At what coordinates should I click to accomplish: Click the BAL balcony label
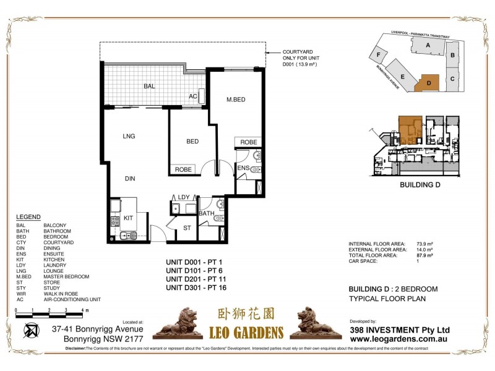[149, 87]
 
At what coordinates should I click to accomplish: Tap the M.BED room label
[237, 100]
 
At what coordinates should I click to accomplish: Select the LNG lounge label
[129, 136]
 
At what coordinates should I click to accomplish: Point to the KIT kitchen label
[128, 218]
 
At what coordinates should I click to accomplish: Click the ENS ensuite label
[243, 168]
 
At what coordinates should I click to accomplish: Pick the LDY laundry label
[183, 197]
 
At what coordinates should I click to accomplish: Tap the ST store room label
[187, 228]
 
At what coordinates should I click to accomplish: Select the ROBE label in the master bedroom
[249, 142]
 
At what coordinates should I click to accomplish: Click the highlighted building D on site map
[427, 82]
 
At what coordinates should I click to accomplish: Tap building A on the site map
[428, 46]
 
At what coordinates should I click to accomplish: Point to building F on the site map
[378, 54]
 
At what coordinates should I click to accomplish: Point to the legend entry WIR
[21, 294]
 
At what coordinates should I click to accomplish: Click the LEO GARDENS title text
[246, 332]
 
